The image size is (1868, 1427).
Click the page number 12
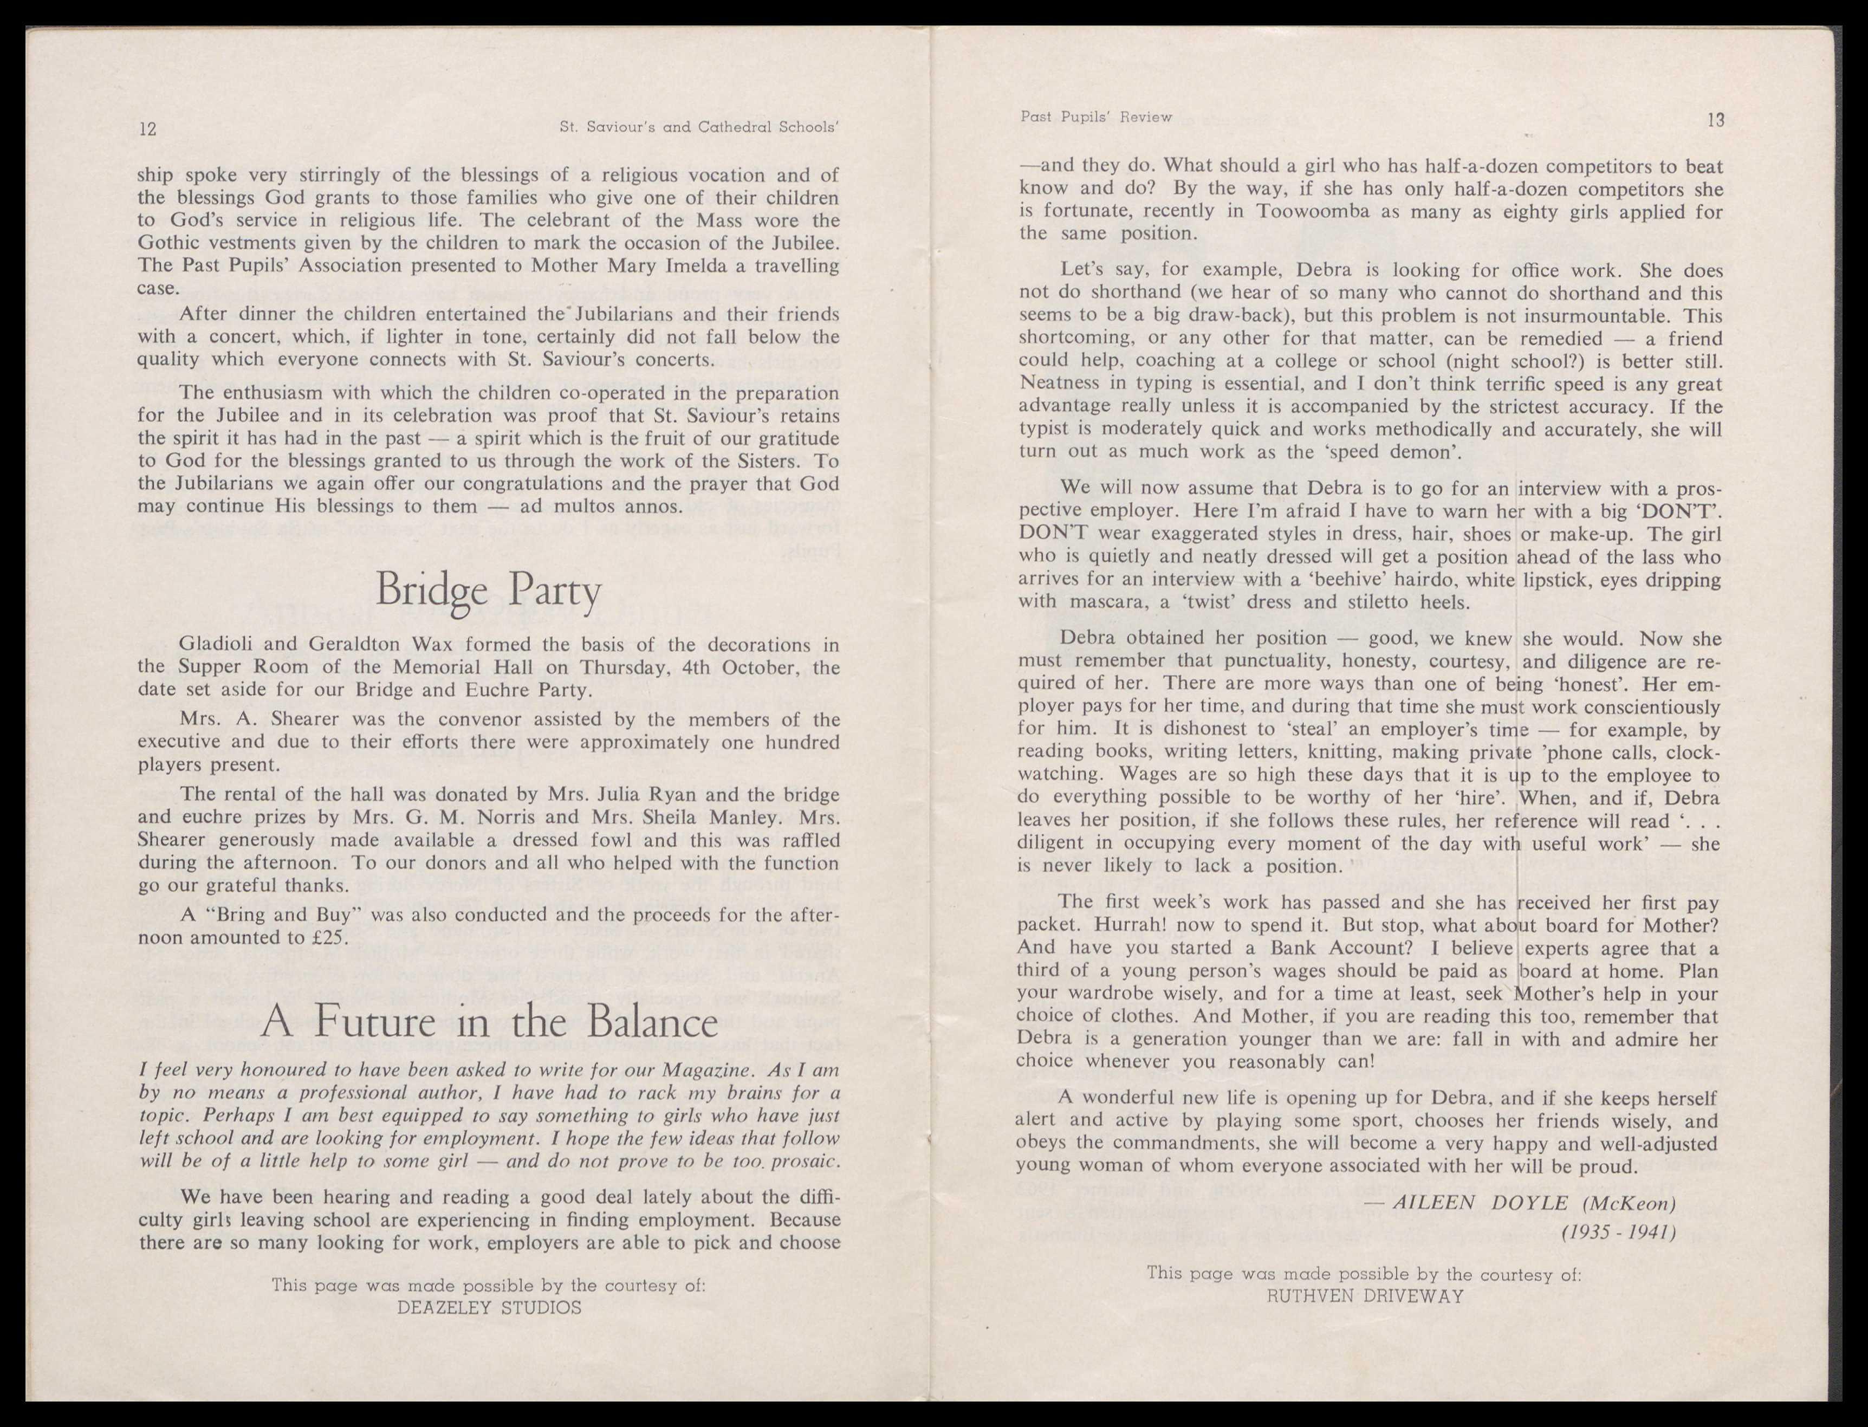pyautogui.click(x=148, y=129)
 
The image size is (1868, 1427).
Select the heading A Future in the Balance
pyautogui.click(x=489, y=1022)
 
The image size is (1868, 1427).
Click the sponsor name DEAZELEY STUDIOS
pyautogui.click(x=489, y=1307)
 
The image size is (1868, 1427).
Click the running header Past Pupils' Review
pyautogui.click(x=1096, y=117)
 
